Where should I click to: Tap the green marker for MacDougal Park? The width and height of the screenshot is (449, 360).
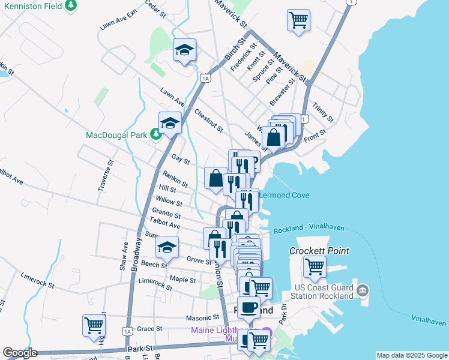(156, 134)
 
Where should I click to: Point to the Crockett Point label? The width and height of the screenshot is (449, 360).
(319, 251)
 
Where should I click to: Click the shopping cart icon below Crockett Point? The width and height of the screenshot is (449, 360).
(315, 266)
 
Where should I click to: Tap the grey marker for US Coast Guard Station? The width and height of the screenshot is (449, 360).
(362, 291)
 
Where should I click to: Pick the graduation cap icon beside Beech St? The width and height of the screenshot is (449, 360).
(167, 247)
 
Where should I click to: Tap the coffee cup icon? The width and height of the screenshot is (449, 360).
(249, 307)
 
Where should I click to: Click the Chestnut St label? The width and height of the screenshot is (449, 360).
(209, 121)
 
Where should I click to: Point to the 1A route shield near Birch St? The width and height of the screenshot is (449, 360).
(206, 78)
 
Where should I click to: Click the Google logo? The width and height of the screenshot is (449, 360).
(20, 353)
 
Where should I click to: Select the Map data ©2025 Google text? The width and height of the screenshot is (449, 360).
(411, 355)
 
